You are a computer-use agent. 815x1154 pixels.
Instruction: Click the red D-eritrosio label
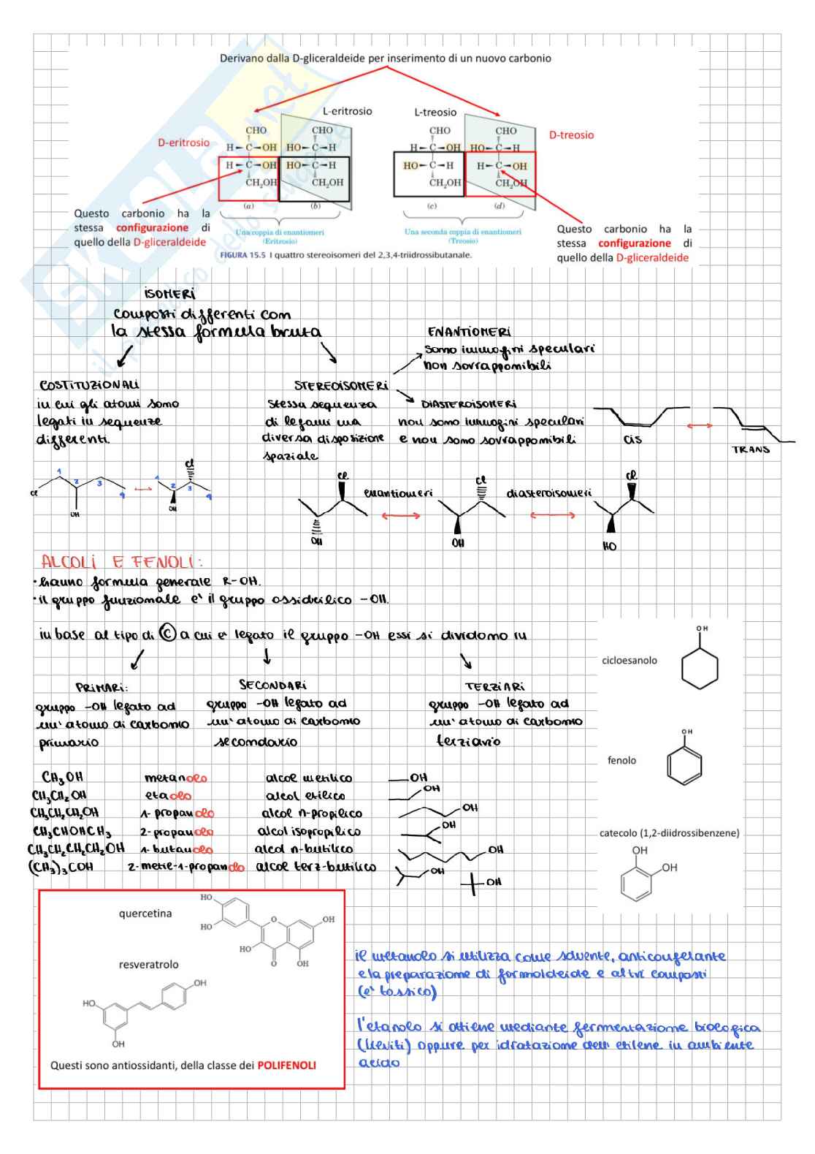coord(183,143)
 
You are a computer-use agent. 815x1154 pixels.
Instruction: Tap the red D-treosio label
coord(571,135)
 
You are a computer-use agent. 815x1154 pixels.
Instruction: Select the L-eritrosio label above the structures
coord(347,111)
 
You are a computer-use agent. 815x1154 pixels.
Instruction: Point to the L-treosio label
coord(435,112)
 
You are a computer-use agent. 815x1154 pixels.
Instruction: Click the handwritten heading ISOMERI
coord(169,294)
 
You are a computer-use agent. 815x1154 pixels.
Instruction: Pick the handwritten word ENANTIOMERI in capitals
coord(469,332)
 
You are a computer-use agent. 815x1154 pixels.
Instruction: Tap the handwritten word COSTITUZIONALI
coord(89,385)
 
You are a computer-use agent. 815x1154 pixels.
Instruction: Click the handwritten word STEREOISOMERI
coord(341,385)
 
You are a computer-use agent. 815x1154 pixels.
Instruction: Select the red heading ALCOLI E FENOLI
coord(121,562)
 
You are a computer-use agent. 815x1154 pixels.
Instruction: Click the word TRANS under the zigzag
coord(751,449)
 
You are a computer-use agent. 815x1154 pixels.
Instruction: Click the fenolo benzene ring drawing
coord(684,764)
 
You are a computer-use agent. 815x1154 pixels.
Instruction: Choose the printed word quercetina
coord(145,913)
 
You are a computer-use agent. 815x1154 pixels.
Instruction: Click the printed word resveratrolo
coord(148,964)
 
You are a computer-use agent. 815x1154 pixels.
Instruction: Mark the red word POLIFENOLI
coord(286,1065)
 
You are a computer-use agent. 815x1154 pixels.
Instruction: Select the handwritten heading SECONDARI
coord(272,685)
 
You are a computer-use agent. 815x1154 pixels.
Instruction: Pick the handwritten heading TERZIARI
coord(494,686)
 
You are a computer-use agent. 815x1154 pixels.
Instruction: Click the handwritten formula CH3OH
coord(62,777)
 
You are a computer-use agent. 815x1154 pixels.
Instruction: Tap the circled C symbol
coord(167,634)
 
